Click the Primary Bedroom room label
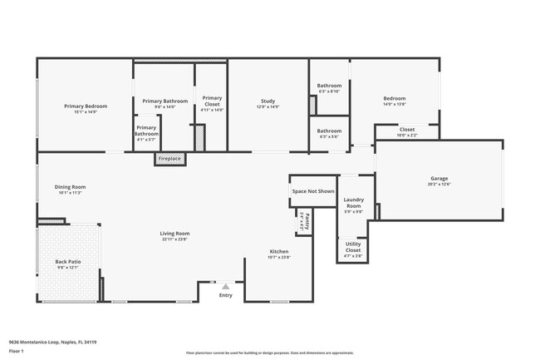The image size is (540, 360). coord(86,106)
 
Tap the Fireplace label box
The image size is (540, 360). coord(169,158)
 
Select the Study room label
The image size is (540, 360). coord(268,101)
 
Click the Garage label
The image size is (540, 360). coord(439,179)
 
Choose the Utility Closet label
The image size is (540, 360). coord(353,247)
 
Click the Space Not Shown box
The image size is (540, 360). coord(313,191)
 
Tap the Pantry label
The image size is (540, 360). coord(307,220)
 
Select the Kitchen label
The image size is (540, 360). coord(279,251)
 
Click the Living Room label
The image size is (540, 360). coord(174,234)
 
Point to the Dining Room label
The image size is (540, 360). coord(71,187)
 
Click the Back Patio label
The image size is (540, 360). coord(67,262)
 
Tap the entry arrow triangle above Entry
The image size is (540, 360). coord(225,286)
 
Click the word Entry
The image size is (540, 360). coord(226,295)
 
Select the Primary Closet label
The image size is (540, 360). coord(212,101)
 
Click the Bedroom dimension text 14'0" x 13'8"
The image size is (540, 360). coord(394,104)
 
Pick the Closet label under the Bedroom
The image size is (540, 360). coord(407,129)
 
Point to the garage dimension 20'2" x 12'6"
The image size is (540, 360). coord(439,185)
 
